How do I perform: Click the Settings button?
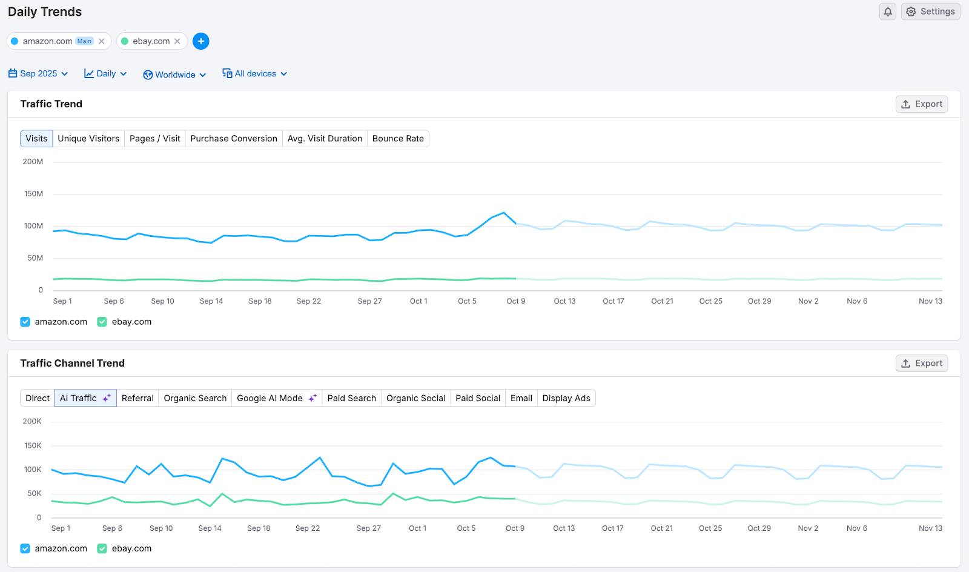930,12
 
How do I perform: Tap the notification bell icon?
887,12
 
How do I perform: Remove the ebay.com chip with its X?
177,41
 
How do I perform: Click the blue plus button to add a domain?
201,41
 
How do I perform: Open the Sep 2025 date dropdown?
38,74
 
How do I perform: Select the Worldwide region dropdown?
174,75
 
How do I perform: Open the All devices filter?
254,74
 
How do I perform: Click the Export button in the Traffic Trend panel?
922,104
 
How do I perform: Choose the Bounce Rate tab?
398,139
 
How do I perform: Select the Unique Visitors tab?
88,139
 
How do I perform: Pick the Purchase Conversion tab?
233,139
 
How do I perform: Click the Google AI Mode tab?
276,398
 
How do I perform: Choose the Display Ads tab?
566,398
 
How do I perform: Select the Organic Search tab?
195,398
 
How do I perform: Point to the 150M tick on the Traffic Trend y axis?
34,194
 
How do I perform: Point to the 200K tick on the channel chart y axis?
32,421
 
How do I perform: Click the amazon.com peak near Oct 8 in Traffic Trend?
504,213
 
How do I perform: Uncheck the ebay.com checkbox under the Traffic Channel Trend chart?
102,548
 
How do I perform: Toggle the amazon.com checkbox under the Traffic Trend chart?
25,322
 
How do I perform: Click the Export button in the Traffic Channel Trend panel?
922,364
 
